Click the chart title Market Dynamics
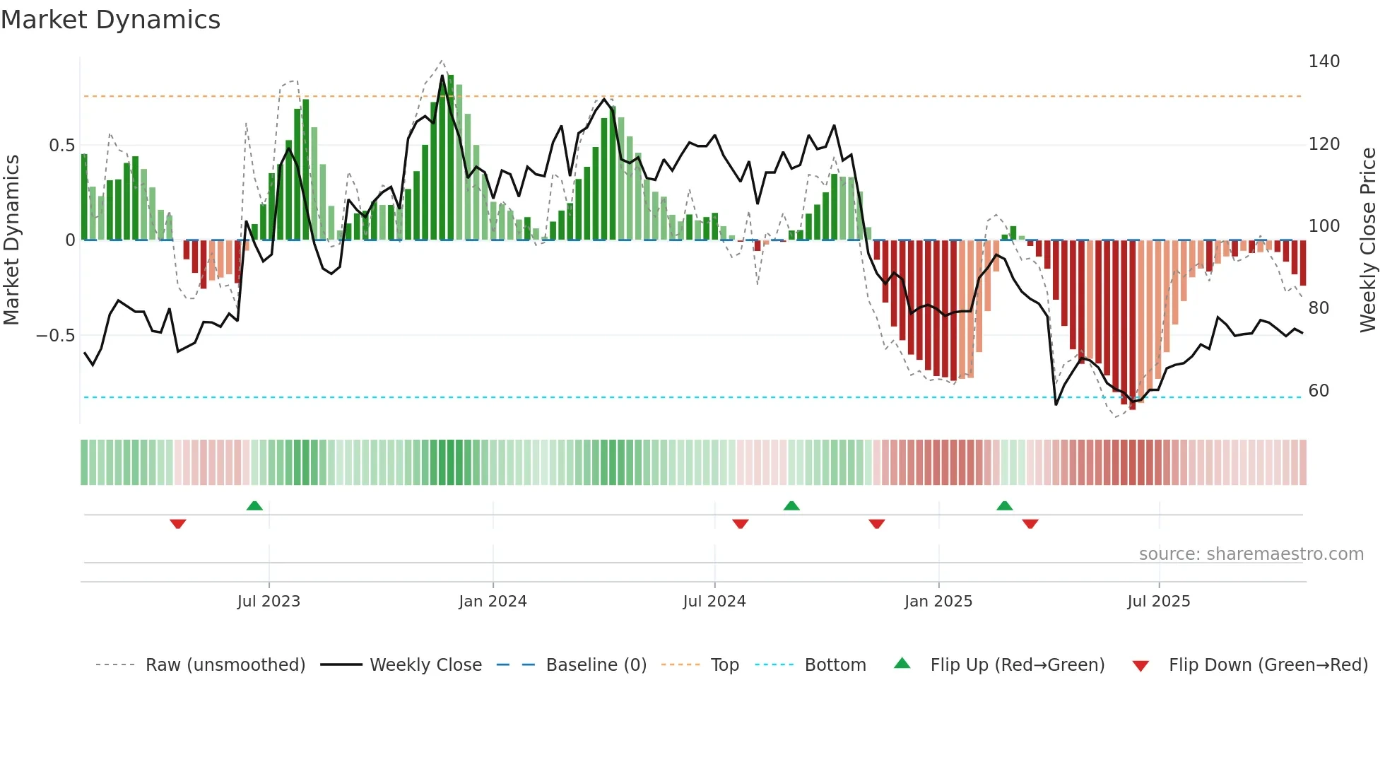point(111,20)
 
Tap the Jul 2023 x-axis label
point(269,602)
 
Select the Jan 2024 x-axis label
point(493,602)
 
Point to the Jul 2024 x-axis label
point(714,602)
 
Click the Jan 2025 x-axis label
point(938,602)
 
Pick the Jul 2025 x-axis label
point(1158,602)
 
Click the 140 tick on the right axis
point(1324,61)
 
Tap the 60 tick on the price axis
point(1319,391)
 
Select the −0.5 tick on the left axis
point(56,336)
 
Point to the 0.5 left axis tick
point(61,146)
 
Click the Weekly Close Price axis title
point(1368,240)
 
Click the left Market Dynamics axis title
point(11,240)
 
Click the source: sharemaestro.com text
point(1251,554)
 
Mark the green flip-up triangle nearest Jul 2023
point(254,505)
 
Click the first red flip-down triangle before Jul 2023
point(178,524)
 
